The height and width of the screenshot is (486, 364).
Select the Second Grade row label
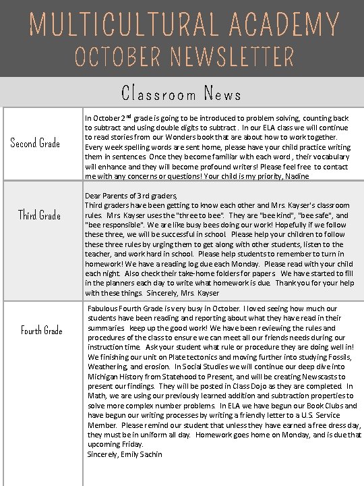point(35,143)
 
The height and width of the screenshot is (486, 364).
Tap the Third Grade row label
point(39,215)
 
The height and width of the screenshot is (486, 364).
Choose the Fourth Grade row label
point(41,330)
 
